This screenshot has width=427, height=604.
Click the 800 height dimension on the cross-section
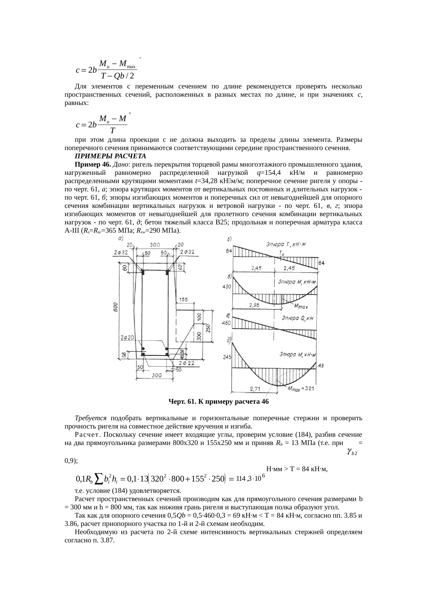116,307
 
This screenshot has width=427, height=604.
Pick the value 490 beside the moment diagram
227,286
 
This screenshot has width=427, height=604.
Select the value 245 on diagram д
227,357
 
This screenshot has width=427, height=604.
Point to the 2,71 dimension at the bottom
255,389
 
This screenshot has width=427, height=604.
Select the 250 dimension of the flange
208,328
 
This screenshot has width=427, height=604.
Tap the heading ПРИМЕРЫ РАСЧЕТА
110,156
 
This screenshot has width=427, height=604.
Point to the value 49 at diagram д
320,365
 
